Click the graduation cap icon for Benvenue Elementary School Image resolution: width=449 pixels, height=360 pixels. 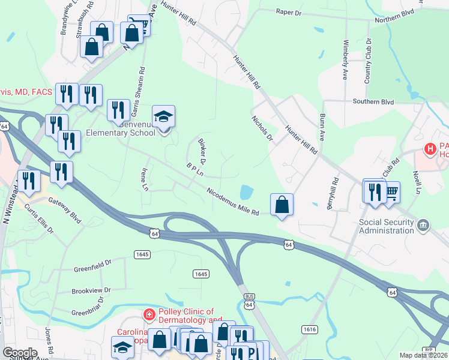click(163, 117)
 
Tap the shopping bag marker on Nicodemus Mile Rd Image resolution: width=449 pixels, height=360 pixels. click(282, 205)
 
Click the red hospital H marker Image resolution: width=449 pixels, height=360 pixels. click(430, 148)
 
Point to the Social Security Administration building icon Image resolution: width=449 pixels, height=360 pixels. click(424, 225)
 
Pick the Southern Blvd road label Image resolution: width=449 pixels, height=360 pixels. click(373, 102)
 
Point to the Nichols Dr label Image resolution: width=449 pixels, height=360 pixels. click(262, 128)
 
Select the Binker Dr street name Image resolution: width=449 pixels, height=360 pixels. click(202, 151)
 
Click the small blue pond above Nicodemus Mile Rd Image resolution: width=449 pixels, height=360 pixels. click(246, 193)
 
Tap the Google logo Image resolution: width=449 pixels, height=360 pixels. click(20, 352)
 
